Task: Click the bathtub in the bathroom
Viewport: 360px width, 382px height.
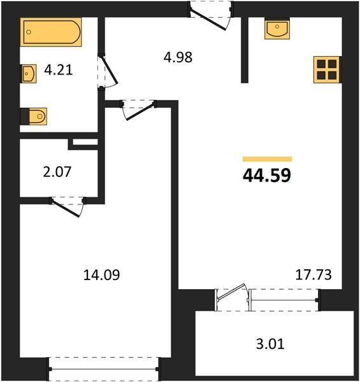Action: [x=51, y=32]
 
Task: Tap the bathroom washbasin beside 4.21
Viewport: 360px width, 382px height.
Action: [x=29, y=74]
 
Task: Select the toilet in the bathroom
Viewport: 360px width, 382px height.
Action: [x=33, y=117]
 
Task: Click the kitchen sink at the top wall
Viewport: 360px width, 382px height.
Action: [x=277, y=30]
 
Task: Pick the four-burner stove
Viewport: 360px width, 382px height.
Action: [x=327, y=69]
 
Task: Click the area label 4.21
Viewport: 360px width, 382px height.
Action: [x=59, y=70]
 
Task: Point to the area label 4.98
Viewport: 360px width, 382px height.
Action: [x=178, y=57]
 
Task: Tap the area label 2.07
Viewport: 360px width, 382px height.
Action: [x=57, y=172]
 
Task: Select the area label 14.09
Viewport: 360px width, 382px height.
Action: [x=101, y=275]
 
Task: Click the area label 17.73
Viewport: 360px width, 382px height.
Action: [x=313, y=275]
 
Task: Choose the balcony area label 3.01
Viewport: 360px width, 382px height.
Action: [x=270, y=344]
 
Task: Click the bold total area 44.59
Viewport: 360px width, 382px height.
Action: [x=267, y=176]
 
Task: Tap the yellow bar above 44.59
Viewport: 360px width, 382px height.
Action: [x=268, y=159]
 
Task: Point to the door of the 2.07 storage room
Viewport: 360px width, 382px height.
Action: [x=66, y=208]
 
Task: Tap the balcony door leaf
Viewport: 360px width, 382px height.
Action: [x=231, y=292]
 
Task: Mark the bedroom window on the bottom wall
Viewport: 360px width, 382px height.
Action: [x=104, y=369]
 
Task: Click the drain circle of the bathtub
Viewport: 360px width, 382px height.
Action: [x=29, y=32]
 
